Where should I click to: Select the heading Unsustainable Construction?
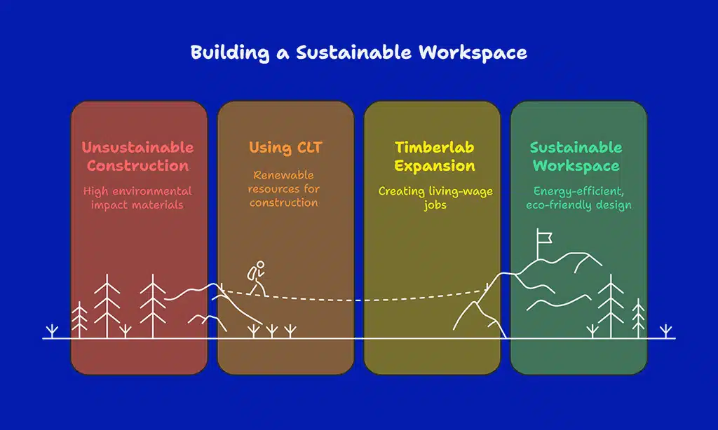tap(138, 156)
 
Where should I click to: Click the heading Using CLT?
tap(285, 148)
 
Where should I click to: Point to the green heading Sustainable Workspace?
tap(576, 156)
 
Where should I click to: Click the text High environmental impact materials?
tap(137, 197)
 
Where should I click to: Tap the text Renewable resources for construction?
tap(285, 188)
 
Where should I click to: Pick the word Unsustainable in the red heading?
tap(138, 147)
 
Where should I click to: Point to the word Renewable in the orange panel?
tap(285, 174)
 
